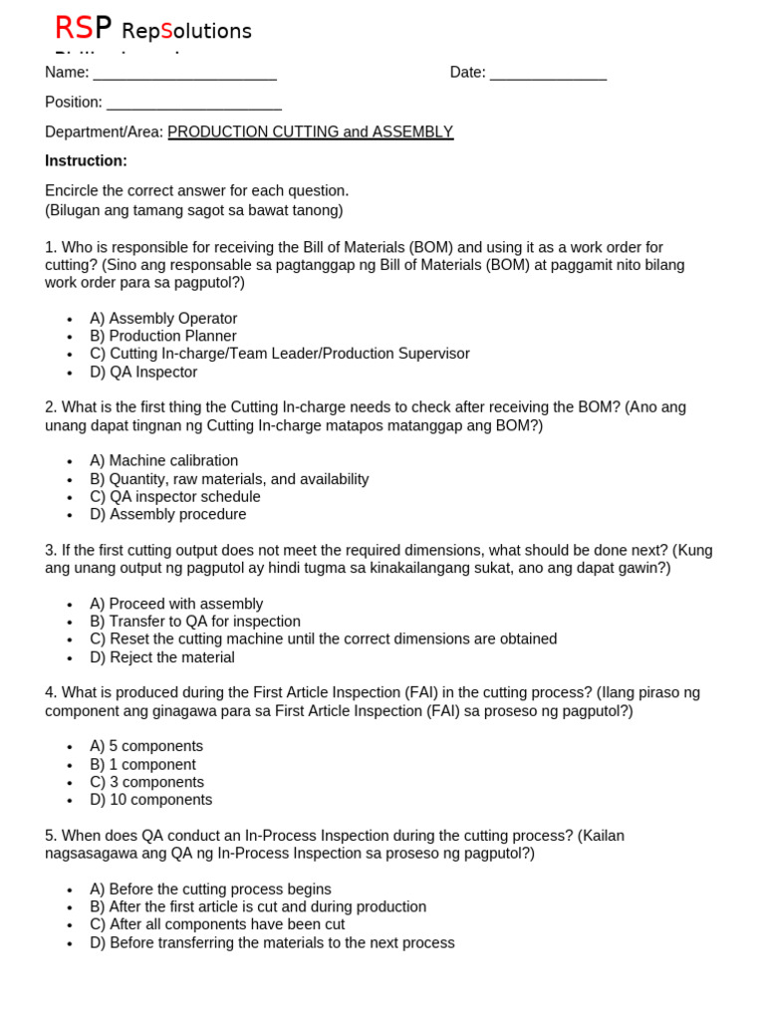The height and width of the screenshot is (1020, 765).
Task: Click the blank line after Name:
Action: [x=184, y=74]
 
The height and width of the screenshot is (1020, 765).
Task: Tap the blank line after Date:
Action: [x=548, y=74]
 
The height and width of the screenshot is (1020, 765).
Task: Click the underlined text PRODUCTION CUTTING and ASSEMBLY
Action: [x=310, y=131]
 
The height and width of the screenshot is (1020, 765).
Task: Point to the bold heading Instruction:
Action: [x=86, y=160]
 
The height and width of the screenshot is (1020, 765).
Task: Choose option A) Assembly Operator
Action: [x=163, y=319]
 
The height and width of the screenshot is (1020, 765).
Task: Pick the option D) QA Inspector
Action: [x=143, y=373]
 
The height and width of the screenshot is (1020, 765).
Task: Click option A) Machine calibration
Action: [x=163, y=461]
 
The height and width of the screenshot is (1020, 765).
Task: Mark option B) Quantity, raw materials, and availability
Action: [x=229, y=479]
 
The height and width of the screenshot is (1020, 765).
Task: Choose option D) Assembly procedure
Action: [x=167, y=515]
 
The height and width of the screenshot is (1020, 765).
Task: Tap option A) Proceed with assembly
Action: [x=176, y=604]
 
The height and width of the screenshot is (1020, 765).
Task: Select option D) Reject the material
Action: [x=162, y=657]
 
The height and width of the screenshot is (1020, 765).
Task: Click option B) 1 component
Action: [x=142, y=765]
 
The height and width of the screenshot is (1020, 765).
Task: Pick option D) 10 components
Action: [x=150, y=800]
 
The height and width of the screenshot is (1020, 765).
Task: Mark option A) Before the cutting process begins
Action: [x=210, y=890]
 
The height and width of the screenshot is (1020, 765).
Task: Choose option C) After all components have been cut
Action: [x=217, y=924]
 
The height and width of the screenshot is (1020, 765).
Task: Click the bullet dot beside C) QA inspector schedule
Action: [x=70, y=498]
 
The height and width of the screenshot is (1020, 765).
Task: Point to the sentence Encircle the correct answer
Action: [x=196, y=190]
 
